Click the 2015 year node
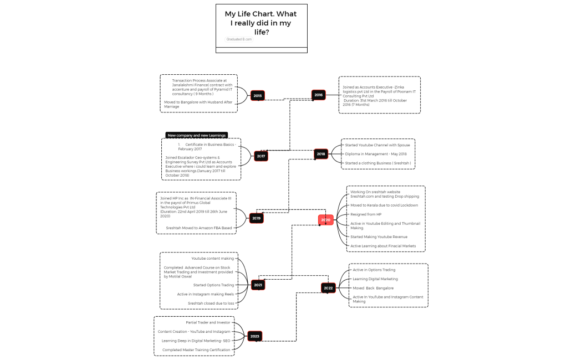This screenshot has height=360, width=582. point(257,96)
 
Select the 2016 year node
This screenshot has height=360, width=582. point(318,95)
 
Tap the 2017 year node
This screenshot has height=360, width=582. point(261,156)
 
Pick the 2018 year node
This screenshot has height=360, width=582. point(321,154)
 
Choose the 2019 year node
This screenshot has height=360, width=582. point(256,218)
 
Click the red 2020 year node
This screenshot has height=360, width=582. point(326,220)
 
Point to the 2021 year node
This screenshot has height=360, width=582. point(258,285)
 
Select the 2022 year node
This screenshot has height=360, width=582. point(328,288)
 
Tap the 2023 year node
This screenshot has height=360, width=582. point(254,336)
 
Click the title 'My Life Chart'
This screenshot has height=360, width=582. point(261,23)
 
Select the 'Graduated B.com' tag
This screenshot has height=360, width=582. point(239,39)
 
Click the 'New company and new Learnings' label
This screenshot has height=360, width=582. point(197,135)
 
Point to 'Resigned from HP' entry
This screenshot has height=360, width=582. point(366,214)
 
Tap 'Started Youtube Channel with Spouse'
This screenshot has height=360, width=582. point(377,145)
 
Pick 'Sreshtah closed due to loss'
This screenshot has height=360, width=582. point(211,304)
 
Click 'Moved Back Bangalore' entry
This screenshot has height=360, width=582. point(373,288)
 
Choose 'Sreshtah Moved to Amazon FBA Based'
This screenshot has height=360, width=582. point(198,228)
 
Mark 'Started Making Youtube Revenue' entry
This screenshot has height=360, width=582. point(379,237)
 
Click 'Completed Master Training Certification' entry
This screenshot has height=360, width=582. point(196,350)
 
